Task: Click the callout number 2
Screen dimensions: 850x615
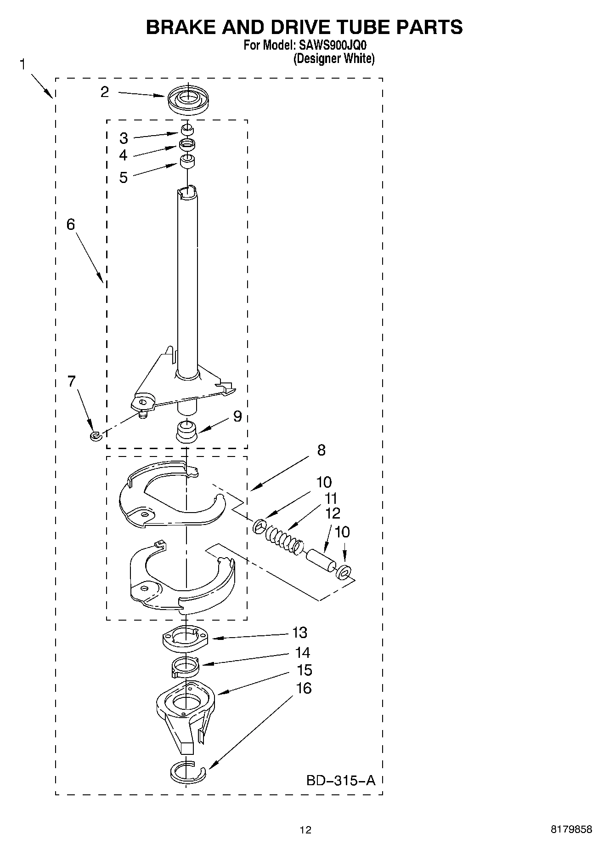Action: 105,92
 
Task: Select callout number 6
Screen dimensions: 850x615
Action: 70,224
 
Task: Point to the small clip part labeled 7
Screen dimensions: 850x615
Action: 95,435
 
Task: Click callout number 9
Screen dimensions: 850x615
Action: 237,416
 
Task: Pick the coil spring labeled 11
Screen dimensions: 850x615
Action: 281,535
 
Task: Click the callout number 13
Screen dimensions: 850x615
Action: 299,633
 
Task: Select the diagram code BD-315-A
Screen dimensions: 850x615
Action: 340,780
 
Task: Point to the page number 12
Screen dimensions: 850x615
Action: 305,830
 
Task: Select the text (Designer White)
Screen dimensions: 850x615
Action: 334,58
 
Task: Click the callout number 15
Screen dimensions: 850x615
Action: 304,670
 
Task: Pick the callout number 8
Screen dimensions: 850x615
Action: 321,450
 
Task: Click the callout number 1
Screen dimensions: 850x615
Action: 22,64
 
